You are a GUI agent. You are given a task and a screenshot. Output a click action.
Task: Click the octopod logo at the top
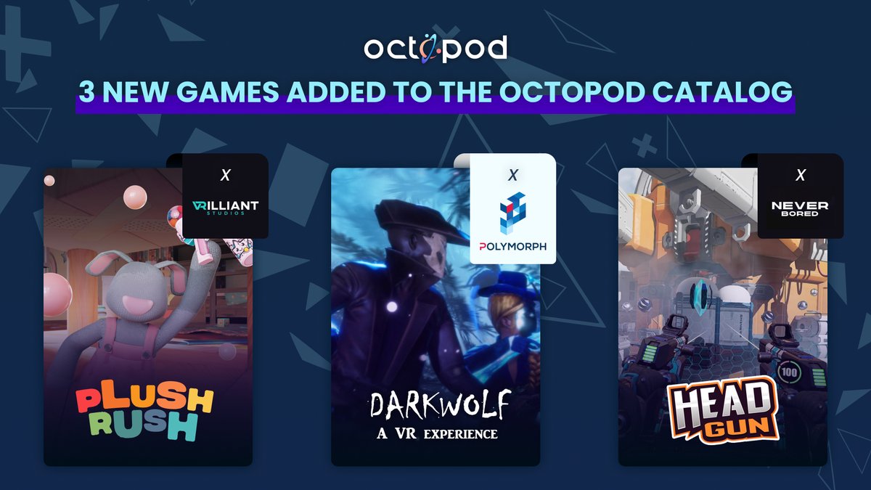[435, 48]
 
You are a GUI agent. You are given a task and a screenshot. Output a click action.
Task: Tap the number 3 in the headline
[87, 91]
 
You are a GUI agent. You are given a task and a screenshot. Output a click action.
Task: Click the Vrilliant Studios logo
[225, 207]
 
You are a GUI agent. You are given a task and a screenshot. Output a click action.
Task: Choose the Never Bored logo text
[800, 208]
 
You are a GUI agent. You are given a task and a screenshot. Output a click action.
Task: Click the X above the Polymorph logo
[512, 175]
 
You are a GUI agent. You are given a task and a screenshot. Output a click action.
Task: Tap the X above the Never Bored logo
[800, 175]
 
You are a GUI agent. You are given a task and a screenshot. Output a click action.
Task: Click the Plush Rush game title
[145, 413]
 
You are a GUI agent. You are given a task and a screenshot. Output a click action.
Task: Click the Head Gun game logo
[723, 412]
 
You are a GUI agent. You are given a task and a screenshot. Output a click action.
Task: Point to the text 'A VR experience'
[435, 433]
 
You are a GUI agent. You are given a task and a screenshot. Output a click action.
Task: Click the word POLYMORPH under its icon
[512, 247]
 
